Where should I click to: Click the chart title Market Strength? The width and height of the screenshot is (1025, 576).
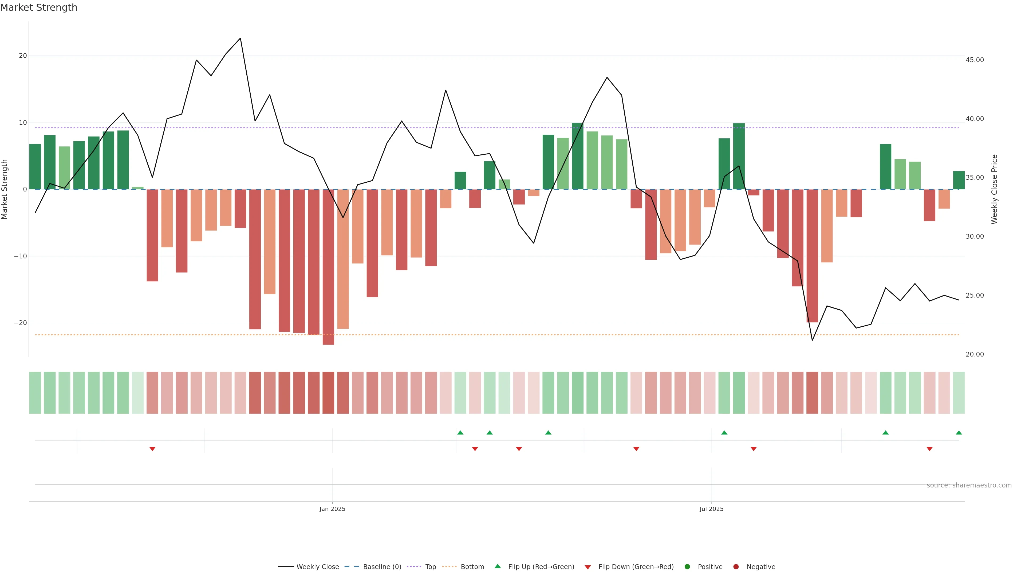tap(39, 7)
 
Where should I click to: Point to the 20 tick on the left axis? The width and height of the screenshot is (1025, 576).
tap(23, 56)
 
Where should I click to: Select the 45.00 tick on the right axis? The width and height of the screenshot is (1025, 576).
tap(975, 60)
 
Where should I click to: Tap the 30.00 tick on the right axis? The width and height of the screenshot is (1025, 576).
tap(975, 237)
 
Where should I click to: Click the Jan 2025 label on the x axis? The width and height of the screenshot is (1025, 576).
tap(332, 509)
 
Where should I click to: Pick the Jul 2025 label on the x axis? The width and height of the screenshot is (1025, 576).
tap(711, 509)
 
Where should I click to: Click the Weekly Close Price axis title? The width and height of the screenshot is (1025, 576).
tap(994, 189)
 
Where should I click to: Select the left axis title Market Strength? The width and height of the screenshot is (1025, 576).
tap(5, 189)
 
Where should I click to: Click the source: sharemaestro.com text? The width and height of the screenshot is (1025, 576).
tap(969, 485)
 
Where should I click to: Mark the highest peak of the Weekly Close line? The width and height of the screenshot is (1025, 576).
tap(240, 39)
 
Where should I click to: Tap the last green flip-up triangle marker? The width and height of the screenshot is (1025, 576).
tap(959, 433)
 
